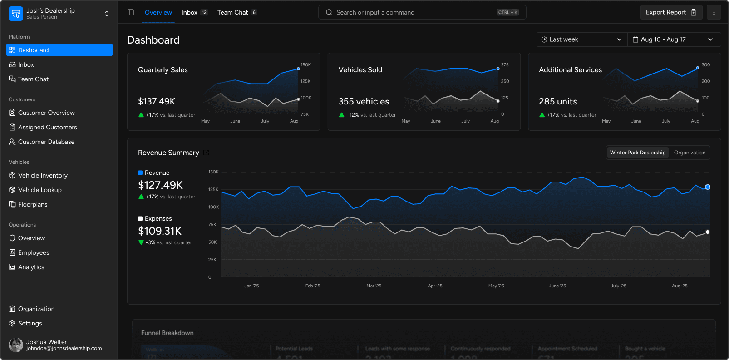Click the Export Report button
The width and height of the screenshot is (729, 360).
[x=671, y=12]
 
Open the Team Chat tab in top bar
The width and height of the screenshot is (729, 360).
[x=232, y=12]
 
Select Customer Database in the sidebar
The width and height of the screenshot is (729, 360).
[x=46, y=142]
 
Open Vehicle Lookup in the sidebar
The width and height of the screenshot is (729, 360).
[x=39, y=190]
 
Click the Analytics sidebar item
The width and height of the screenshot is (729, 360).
[x=31, y=267]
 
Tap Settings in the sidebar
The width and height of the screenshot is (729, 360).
[x=30, y=323]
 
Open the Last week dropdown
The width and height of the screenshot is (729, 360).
[x=581, y=39]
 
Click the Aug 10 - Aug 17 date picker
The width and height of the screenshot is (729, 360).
[x=674, y=39]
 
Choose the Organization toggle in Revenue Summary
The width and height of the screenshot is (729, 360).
[x=689, y=153]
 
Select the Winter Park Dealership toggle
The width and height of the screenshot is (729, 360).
[x=637, y=153]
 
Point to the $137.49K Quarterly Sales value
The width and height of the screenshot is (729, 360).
[x=157, y=101]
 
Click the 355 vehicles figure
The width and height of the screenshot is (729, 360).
[x=364, y=101]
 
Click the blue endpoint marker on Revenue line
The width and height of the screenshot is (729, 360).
[x=707, y=187]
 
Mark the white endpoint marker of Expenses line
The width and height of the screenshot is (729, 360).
[x=707, y=232]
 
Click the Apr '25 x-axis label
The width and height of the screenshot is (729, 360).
[x=435, y=286]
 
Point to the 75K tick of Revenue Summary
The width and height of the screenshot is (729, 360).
[x=212, y=225]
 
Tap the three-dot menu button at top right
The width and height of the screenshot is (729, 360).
[x=714, y=12]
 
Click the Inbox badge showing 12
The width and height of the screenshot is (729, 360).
[x=204, y=12]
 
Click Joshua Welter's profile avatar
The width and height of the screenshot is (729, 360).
[x=16, y=345]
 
